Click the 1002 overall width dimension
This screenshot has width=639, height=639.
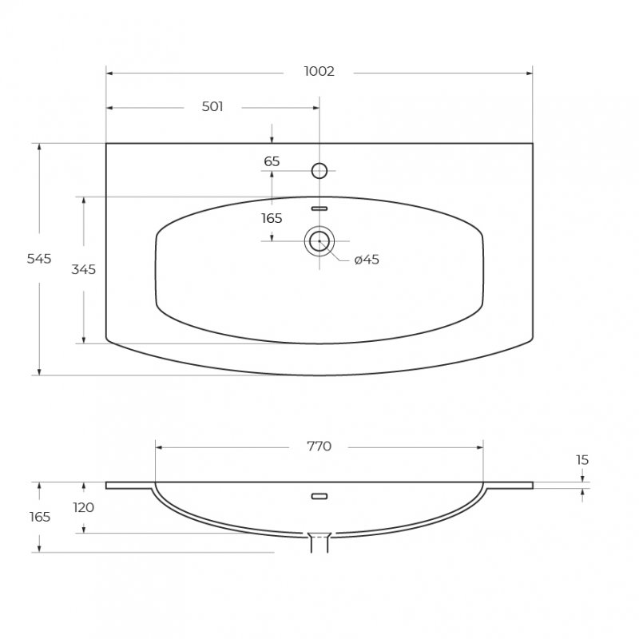(x=319, y=72)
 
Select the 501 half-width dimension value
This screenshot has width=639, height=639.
(x=212, y=107)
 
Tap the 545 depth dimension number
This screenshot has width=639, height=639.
(x=39, y=259)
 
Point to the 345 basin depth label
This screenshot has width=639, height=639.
(x=84, y=269)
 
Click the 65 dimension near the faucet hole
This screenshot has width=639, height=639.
(x=272, y=162)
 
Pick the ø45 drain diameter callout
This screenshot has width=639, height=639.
(x=367, y=260)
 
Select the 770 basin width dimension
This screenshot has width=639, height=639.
(x=319, y=447)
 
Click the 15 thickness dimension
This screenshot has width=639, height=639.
(x=582, y=460)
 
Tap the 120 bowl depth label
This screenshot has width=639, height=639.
(x=84, y=507)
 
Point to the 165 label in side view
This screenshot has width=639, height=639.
(x=40, y=517)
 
